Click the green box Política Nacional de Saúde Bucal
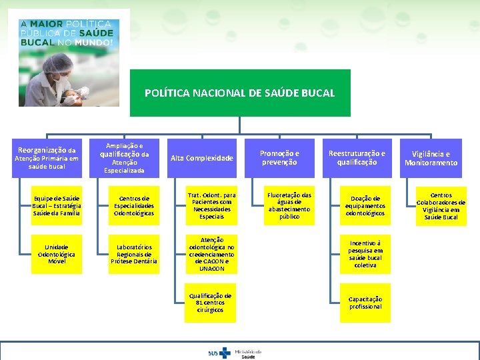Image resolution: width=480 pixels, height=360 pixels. (x=239, y=93)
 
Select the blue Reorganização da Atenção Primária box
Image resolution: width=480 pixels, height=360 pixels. (x=47, y=158)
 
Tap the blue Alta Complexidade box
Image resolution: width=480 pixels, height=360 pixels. (x=202, y=158)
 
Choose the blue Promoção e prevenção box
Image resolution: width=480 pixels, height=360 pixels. (x=279, y=157)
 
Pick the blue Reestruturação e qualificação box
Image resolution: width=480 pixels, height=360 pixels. (x=357, y=157)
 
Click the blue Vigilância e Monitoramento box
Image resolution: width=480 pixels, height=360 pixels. (x=431, y=158)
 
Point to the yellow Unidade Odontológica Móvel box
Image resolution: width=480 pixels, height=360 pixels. (x=57, y=254)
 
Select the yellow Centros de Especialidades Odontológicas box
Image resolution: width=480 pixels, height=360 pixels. (x=134, y=205)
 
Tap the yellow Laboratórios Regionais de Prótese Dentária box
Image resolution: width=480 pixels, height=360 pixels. (x=134, y=254)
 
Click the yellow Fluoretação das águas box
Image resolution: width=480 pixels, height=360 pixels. (x=289, y=205)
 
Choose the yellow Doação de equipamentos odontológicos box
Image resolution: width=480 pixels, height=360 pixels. (x=365, y=205)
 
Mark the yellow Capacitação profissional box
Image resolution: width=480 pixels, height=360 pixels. (x=365, y=303)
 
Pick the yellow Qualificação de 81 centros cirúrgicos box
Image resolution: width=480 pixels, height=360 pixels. (x=211, y=303)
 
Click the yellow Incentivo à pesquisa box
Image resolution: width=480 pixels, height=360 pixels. (x=365, y=254)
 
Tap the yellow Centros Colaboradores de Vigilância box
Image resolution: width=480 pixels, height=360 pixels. (x=441, y=206)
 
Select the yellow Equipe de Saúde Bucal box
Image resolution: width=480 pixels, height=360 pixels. (x=57, y=205)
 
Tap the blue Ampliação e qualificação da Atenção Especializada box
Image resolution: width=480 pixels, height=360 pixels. (x=125, y=157)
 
